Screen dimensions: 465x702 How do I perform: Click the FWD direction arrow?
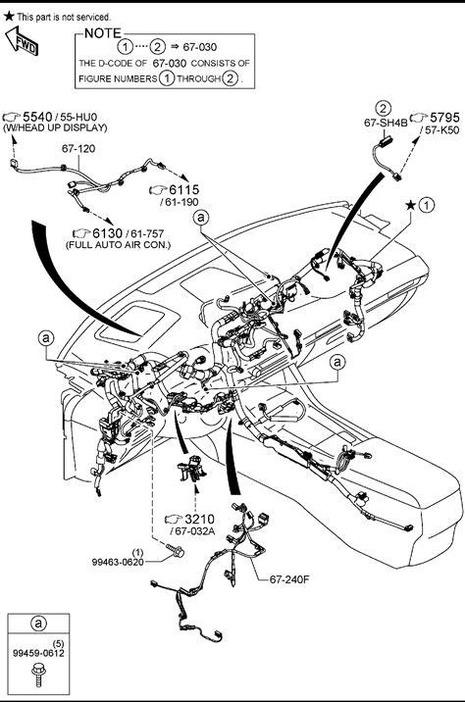pyautogui.click(x=21, y=41)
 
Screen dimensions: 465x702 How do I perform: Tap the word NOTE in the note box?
pyautogui.click(x=103, y=33)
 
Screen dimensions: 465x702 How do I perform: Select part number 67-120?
pyautogui.click(x=78, y=149)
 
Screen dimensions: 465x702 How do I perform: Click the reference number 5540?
pyautogui.click(x=37, y=117)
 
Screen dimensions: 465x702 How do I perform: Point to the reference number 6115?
pyautogui.click(x=183, y=190)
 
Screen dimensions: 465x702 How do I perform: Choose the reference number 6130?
pyautogui.click(x=107, y=233)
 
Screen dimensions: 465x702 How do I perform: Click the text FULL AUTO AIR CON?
pyautogui.click(x=119, y=245)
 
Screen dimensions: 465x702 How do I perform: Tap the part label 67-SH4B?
pyautogui.click(x=386, y=123)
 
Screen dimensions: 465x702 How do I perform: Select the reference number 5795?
pyautogui.click(x=444, y=118)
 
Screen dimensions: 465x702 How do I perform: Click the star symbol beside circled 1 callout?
pyautogui.click(x=410, y=205)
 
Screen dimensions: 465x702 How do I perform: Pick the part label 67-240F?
pyautogui.click(x=289, y=579)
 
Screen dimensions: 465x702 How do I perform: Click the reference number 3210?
pyautogui.click(x=199, y=520)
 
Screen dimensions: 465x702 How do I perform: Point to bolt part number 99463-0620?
pyautogui.click(x=118, y=562)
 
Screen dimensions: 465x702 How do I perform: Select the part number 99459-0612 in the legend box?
pyautogui.click(x=38, y=653)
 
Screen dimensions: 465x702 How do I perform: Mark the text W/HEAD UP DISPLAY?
pyautogui.click(x=55, y=127)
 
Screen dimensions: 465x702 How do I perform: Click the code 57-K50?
pyautogui.click(x=441, y=130)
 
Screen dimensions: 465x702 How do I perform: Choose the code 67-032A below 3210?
pyautogui.click(x=193, y=531)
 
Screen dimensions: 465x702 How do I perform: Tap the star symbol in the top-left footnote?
pyautogui.click(x=9, y=17)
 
